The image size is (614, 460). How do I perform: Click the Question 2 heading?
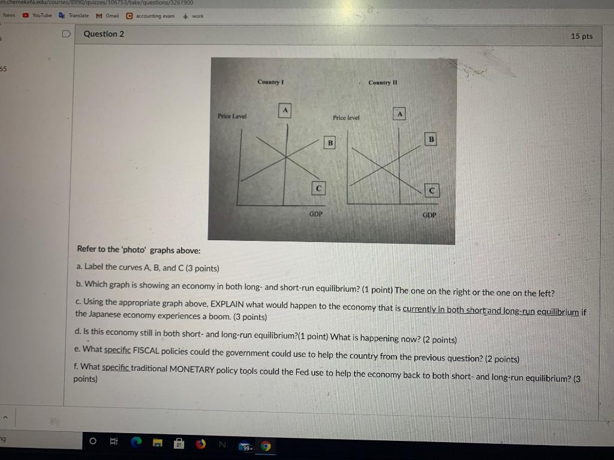coord(104,34)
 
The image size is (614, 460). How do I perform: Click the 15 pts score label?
coord(581,37)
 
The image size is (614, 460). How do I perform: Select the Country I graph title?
coord(270,81)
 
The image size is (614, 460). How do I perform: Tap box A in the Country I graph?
coord(285,110)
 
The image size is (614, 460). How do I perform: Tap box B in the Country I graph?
coord(329,143)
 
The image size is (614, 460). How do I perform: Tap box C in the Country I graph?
coord(319,187)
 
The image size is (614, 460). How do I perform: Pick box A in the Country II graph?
coord(399,113)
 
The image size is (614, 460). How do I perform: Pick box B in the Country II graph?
coord(431,138)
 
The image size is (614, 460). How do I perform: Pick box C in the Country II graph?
coord(431,190)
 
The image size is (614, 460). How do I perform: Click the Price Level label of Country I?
coord(231,116)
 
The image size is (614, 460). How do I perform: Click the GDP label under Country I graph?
coord(316,213)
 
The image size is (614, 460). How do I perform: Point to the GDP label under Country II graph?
coord(429,214)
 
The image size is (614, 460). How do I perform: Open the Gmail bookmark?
coord(109,16)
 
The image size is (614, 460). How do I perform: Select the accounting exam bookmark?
coord(151,16)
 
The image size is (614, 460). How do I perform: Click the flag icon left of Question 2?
coord(68,34)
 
